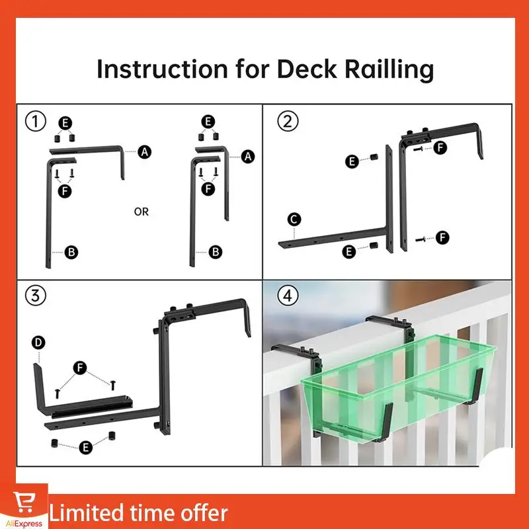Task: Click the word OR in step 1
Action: click(142, 212)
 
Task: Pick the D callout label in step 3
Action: click(38, 342)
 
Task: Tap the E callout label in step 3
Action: click(85, 448)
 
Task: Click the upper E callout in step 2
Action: click(351, 161)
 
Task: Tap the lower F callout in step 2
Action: click(442, 237)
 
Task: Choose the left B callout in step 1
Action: click(71, 252)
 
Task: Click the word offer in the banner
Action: click(202, 513)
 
